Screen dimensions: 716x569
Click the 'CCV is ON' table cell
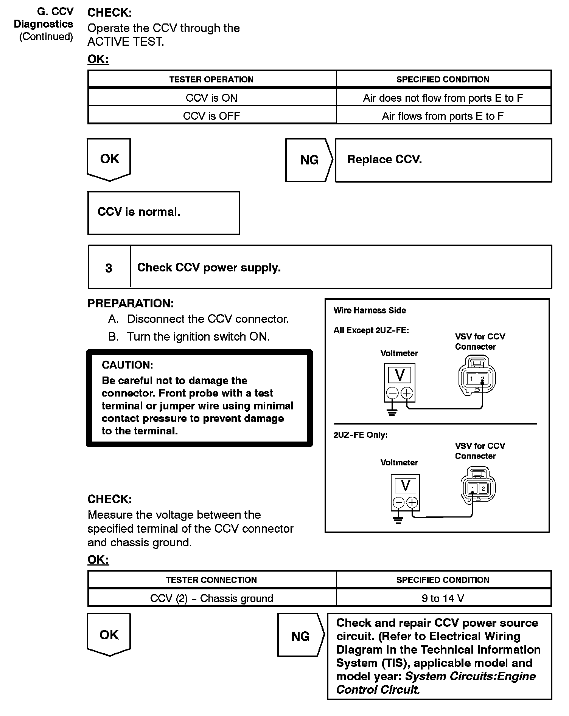click(x=211, y=98)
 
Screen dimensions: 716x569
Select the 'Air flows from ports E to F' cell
click(x=443, y=116)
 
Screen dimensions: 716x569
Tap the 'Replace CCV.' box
click(x=443, y=160)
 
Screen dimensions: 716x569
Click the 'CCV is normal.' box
click(x=163, y=212)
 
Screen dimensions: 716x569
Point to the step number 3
click(x=109, y=268)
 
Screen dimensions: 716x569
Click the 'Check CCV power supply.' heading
click(x=209, y=268)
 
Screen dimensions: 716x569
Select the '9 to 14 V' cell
click(x=443, y=598)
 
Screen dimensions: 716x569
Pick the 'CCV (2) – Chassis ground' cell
click(x=211, y=598)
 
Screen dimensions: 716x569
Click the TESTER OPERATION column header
click(x=211, y=79)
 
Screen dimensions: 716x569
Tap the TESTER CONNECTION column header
click(x=211, y=580)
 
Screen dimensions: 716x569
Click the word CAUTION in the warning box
click(x=127, y=365)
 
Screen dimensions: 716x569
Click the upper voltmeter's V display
click(x=400, y=375)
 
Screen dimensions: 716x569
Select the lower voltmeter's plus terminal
click(x=412, y=502)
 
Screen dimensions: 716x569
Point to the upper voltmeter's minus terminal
click(x=392, y=394)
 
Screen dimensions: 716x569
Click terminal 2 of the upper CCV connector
click(x=482, y=378)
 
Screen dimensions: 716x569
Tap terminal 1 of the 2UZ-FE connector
click(x=473, y=489)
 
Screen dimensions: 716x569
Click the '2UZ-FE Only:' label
click(x=360, y=435)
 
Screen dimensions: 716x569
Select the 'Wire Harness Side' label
click(x=370, y=310)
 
